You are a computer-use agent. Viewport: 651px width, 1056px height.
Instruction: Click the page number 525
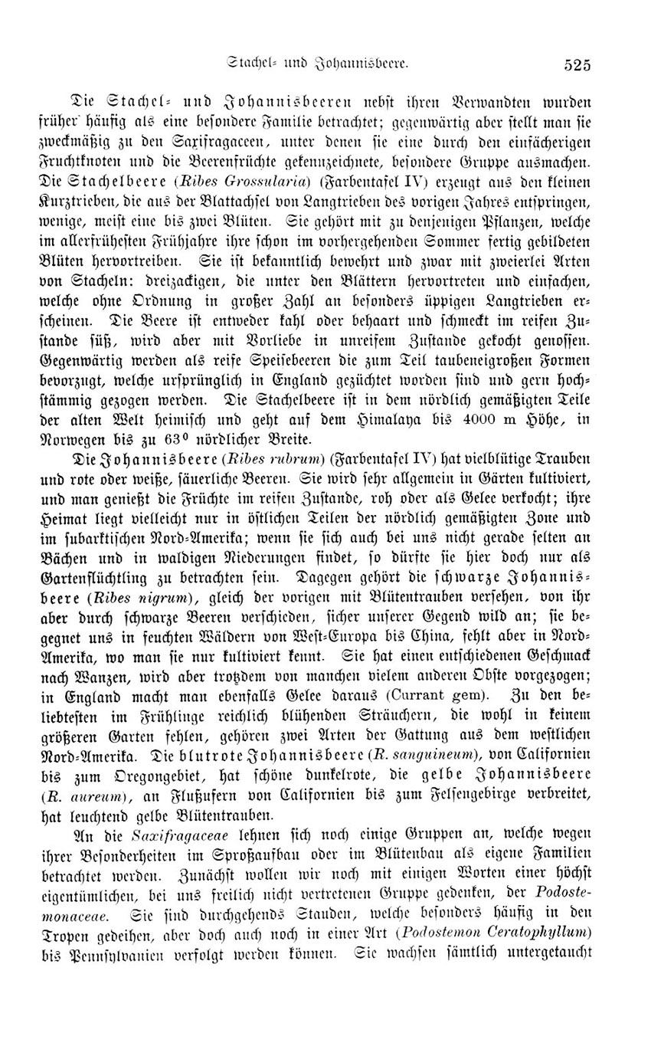pyautogui.click(x=574, y=65)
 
